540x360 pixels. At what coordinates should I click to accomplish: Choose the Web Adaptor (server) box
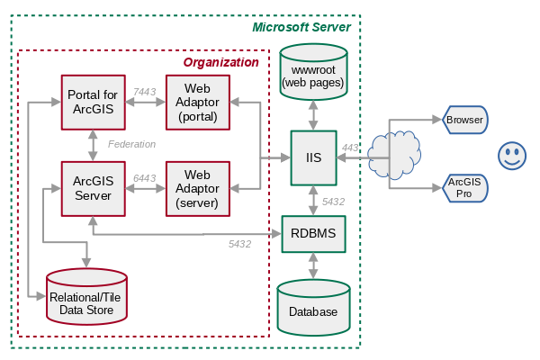198,188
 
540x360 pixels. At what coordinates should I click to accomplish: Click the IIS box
313,157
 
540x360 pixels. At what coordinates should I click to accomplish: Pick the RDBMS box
313,233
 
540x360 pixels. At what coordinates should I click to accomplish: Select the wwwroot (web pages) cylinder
313,72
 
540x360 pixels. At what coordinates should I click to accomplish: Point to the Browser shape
465,120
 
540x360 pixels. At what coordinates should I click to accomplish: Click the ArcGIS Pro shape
465,188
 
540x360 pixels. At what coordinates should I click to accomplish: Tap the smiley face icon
512,155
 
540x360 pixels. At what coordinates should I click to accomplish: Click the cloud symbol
392,154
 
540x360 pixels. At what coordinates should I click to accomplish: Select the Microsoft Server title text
301,27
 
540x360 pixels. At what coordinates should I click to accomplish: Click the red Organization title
220,62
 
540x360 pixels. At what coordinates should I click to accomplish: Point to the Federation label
131,144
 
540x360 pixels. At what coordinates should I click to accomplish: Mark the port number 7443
144,92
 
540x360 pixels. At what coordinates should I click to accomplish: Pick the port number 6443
144,178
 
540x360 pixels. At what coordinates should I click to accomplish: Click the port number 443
350,148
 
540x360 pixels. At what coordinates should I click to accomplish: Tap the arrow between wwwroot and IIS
313,113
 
